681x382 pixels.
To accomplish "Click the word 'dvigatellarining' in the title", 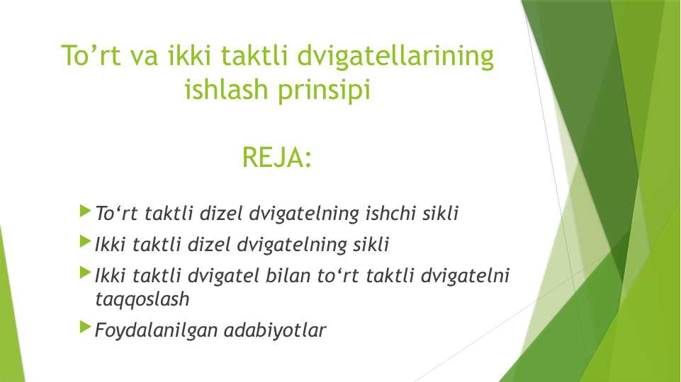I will [395, 57].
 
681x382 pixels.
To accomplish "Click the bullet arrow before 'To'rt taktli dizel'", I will [86, 211].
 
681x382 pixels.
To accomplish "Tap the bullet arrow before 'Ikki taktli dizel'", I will [86, 242].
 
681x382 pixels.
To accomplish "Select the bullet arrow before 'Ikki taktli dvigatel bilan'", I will [86, 272].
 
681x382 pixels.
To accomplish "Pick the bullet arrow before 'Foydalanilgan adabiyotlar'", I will [86, 328].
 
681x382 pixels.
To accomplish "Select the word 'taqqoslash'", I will [142, 300].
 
